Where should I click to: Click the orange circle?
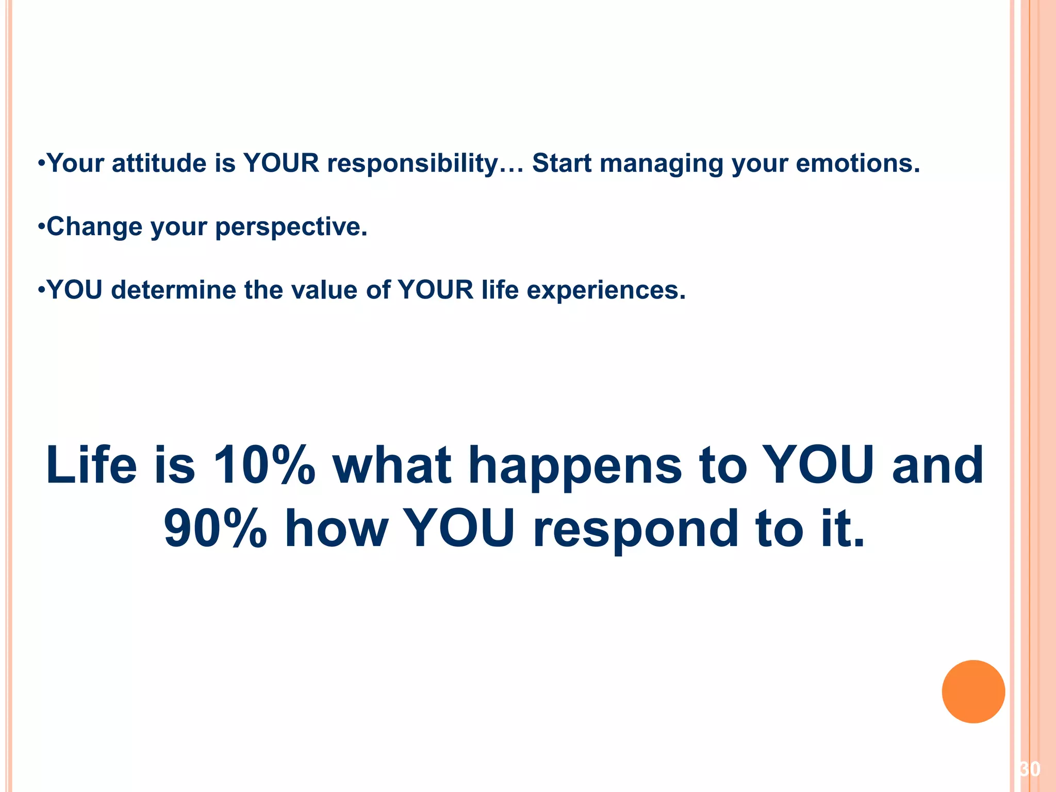(973, 691)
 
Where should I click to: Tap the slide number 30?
(1030, 769)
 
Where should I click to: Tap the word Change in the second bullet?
(94, 227)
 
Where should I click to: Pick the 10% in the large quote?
(263, 466)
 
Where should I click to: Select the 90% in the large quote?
(215, 529)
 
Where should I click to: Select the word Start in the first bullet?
(562, 163)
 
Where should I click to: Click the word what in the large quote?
(392, 466)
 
